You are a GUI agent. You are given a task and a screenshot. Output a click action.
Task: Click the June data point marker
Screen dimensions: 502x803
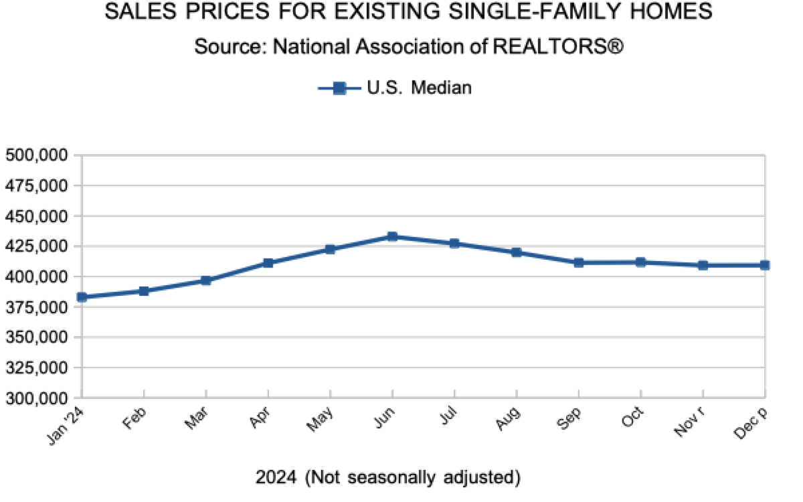pos(392,236)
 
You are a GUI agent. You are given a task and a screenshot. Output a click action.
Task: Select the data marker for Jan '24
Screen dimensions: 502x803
pos(82,297)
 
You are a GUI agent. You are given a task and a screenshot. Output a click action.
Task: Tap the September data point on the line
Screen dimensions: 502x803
pos(579,262)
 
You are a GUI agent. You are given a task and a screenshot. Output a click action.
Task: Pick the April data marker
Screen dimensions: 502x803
pos(268,263)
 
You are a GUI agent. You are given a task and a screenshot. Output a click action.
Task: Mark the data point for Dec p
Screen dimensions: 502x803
pos(765,265)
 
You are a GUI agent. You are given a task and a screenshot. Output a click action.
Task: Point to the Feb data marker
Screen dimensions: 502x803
pos(144,291)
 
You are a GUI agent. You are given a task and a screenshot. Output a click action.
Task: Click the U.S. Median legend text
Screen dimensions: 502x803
pos(419,88)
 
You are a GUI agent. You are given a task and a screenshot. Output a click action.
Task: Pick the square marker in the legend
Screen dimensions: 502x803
pos(339,88)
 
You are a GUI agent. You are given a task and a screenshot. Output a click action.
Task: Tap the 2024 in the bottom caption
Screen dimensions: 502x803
pos(276,477)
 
